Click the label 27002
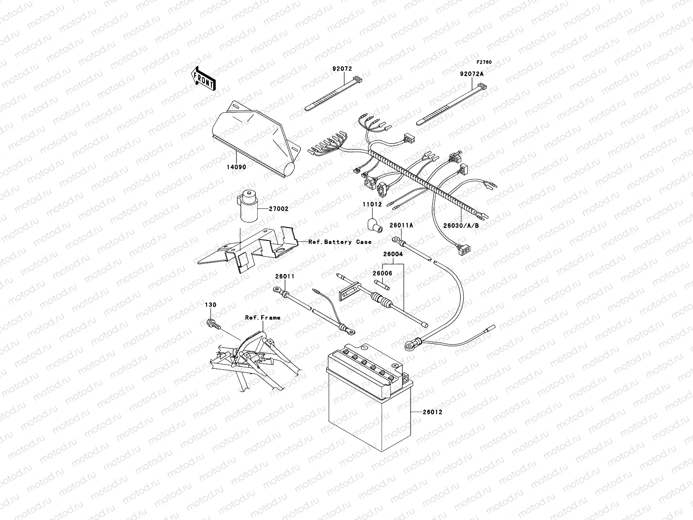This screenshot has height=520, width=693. (279, 208)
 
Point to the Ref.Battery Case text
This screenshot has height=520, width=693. (340, 242)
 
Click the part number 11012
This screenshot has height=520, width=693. (372, 204)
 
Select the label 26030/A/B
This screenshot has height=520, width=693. (460, 225)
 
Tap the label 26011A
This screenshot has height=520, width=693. (401, 225)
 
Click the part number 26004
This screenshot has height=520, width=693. (392, 254)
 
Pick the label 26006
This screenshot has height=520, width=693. (382, 273)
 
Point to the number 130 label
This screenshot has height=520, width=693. (210, 305)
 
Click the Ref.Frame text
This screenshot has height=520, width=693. (262, 318)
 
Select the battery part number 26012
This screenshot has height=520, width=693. (433, 412)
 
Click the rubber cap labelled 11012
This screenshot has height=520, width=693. (371, 224)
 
